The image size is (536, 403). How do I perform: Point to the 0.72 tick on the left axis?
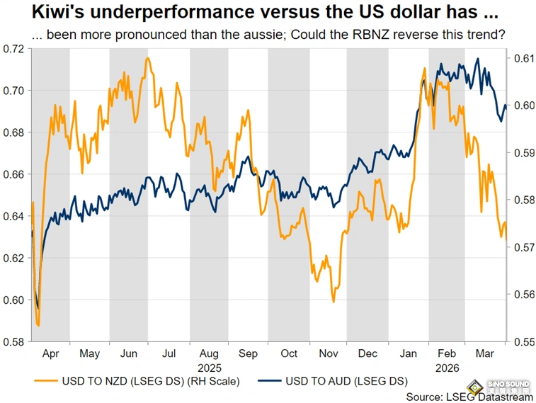(14, 48)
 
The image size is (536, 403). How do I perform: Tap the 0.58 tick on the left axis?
(14, 341)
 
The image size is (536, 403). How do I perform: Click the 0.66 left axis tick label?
(14, 174)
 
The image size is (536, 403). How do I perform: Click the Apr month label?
(50, 353)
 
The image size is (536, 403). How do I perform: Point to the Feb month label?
(446, 353)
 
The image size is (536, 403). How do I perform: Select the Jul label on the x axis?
(168, 353)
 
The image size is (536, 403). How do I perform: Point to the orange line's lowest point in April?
(38, 326)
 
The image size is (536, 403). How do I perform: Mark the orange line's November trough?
(333, 302)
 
